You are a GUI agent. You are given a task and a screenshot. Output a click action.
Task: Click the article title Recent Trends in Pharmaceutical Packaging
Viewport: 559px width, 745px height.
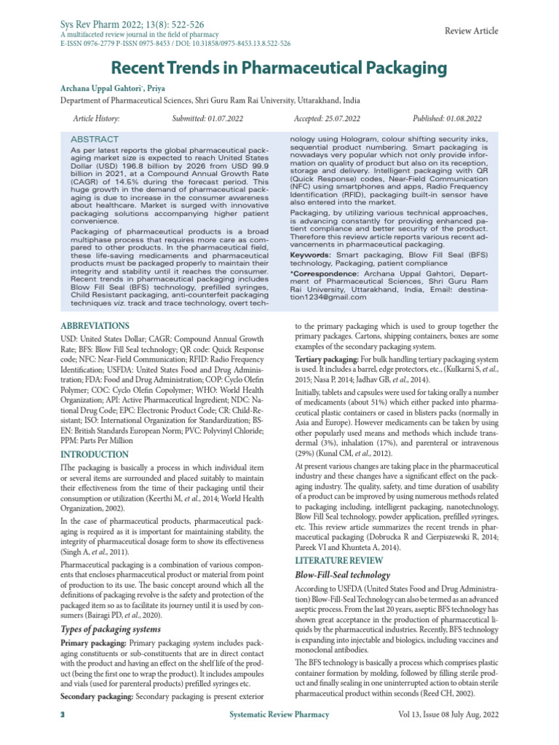tap(279, 69)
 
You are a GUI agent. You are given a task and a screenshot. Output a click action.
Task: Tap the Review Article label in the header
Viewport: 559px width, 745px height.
tap(471, 31)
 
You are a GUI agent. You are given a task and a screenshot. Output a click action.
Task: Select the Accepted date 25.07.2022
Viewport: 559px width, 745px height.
tap(328, 118)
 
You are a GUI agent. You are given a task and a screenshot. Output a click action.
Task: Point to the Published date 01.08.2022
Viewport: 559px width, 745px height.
tap(447, 118)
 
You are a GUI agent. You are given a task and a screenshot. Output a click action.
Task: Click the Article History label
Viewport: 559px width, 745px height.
tap(96, 118)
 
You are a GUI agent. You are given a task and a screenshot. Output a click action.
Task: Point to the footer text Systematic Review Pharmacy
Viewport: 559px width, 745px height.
tap(279, 715)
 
